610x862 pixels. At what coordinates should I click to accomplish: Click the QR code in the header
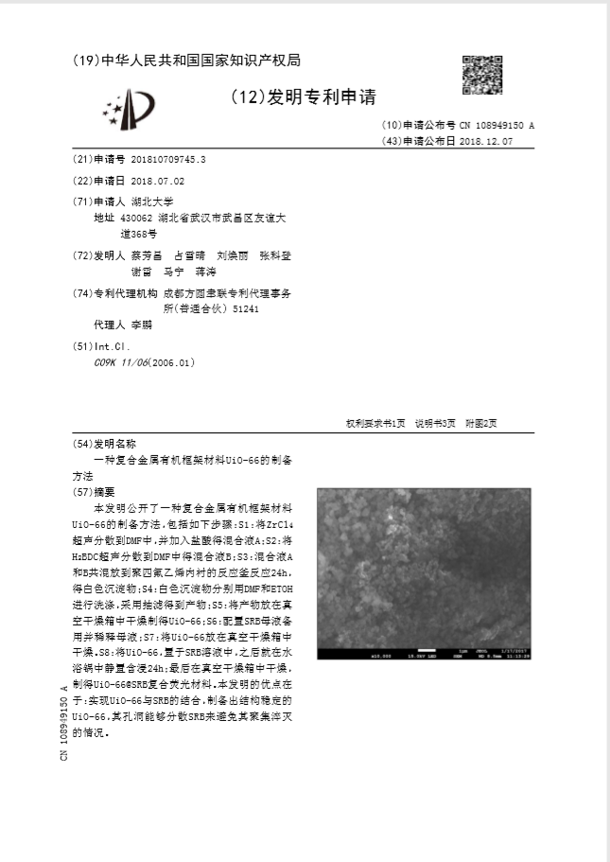[x=480, y=76]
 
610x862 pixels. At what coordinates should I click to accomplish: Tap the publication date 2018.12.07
[x=485, y=141]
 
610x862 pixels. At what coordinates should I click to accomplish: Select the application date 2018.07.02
[x=158, y=180]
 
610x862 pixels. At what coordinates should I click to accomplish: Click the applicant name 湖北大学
[x=152, y=202]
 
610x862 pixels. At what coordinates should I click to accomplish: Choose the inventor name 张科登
[x=276, y=256]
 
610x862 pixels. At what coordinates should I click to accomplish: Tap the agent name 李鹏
[x=141, y=325]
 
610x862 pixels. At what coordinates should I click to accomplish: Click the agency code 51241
[x=246, y=308]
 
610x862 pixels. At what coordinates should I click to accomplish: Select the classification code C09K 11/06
[x=119, y=362]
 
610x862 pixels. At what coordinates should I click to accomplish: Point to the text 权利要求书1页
[x=375, y=423]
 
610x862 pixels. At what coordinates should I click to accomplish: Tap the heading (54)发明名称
[x=104, y=443]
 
